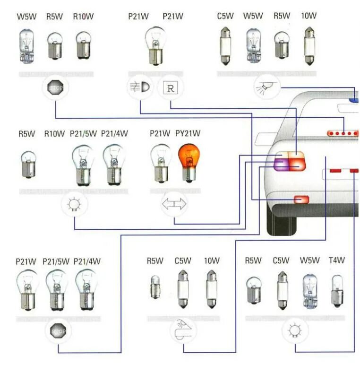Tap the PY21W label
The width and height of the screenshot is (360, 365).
point(188,133)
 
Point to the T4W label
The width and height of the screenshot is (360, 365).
point(337,261)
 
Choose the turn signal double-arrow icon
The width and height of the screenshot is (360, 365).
point(174,204)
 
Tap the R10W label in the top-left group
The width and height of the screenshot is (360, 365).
point(83,17)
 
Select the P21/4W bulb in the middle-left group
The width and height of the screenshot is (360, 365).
point(114,164)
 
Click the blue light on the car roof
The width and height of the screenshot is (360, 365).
point(353,100)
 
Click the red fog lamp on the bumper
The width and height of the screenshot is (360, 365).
point(301,200)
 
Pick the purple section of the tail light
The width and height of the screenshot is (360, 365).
point(282,164)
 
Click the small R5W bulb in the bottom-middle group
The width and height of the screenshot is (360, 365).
point(154,286)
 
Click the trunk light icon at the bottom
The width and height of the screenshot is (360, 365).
point(183,330)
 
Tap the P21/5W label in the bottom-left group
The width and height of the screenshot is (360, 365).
point(56,261)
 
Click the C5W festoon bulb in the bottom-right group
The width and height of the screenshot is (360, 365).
point(281,289)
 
